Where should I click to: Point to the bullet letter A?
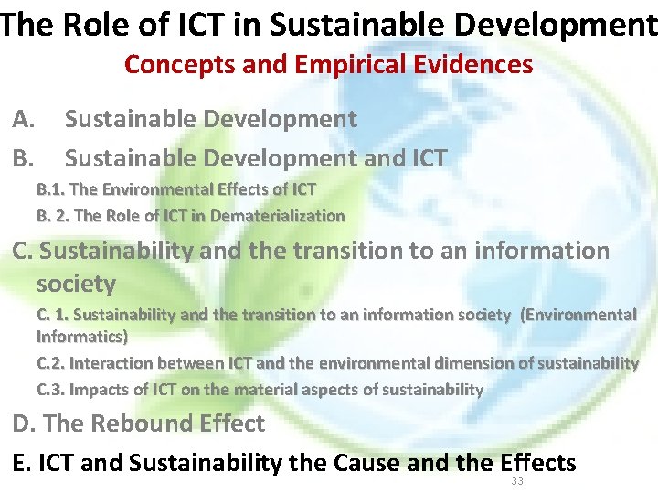pos(24,119)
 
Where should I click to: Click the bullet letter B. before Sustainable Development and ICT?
pos(24,158)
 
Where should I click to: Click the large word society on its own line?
pos(76,284)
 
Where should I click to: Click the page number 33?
pos(517,481)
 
